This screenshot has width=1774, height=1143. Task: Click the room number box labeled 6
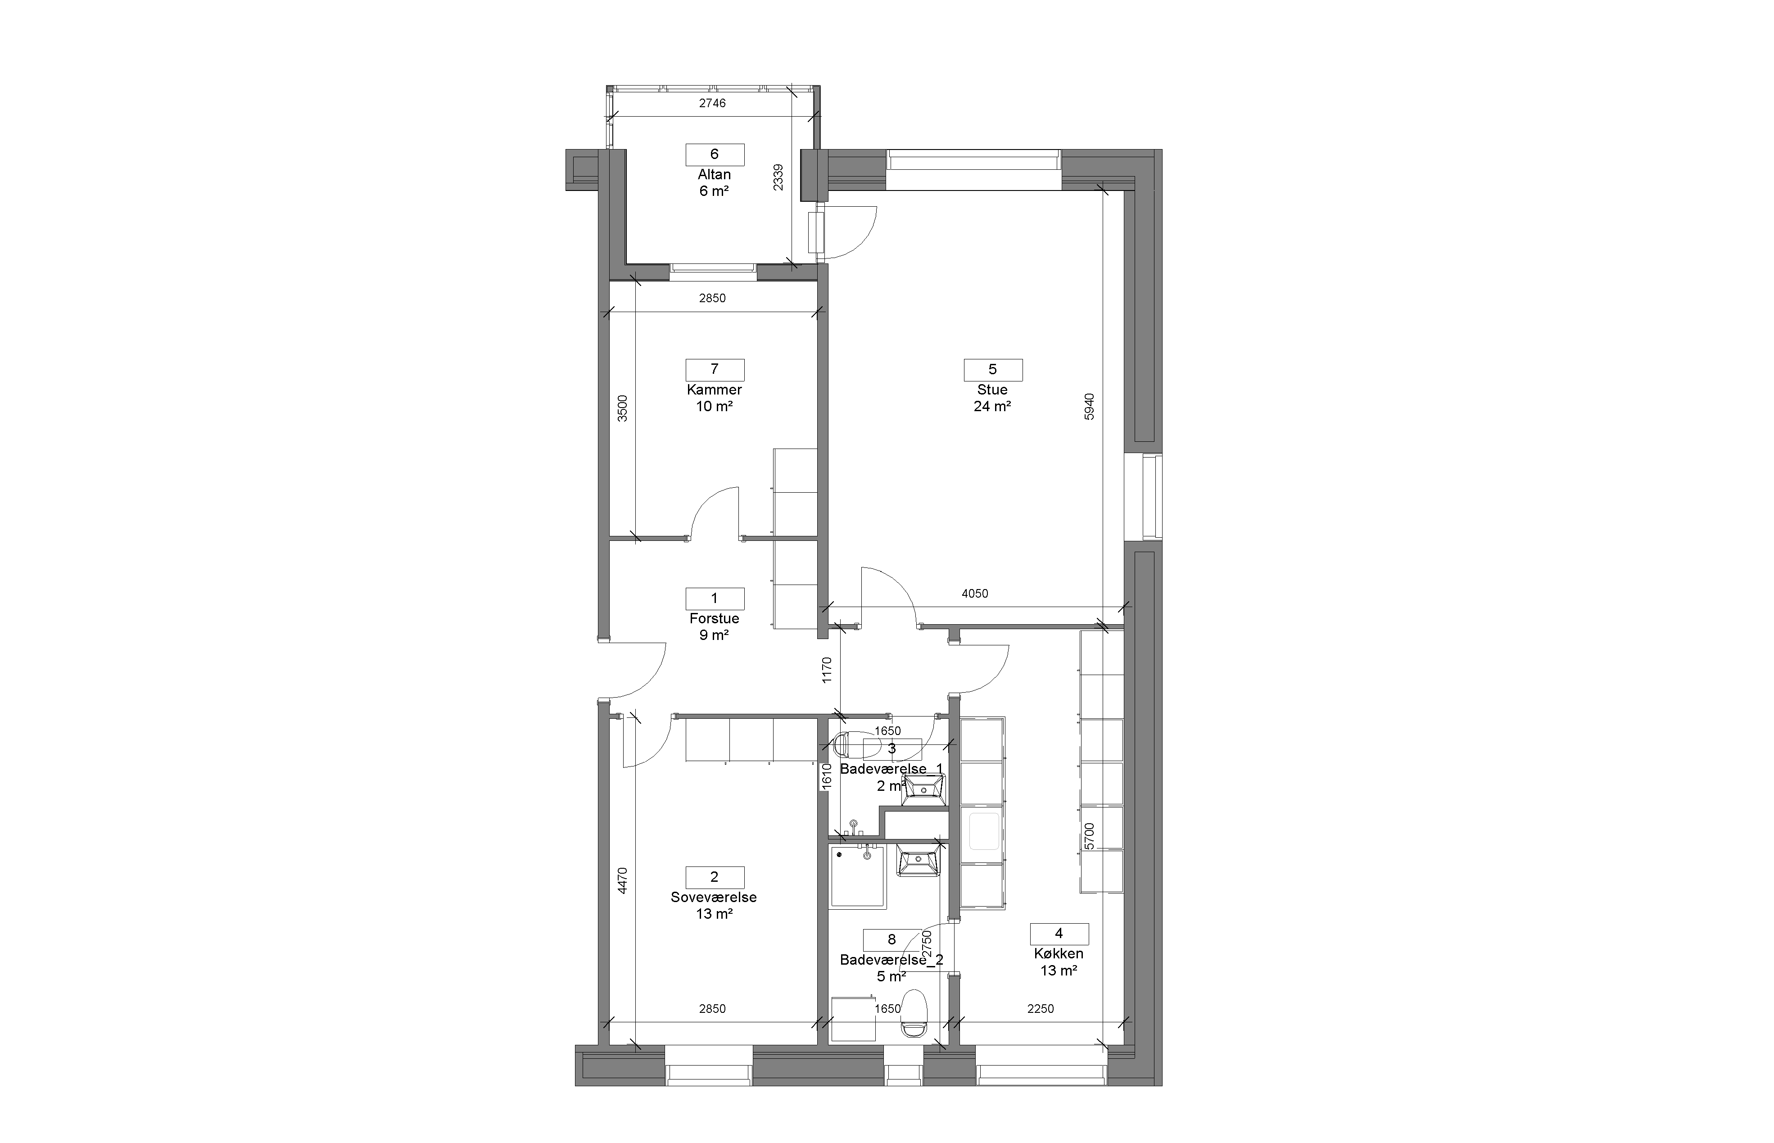click(x=715, y=154)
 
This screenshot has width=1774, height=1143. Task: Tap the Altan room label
click(x=715, y=174)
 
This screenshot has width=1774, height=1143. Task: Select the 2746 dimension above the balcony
click(x=712, y=103)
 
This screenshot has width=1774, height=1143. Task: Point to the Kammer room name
click(x=715, y=390)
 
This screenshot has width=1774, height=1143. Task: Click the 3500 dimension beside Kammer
click(x=623, y=408)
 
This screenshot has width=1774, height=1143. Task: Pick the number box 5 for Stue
click(x=993, y=370)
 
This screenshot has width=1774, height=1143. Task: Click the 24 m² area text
click(x=993, y=406)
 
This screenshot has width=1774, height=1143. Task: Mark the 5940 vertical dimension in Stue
click(x=1089, y=407)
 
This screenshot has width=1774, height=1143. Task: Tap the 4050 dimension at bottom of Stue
click(x=975, y=594)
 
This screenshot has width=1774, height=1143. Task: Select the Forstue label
click(x=715, y=618)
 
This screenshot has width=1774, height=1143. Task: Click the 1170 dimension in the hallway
click(x=827, y=670)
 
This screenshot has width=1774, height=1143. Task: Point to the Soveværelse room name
click(x=714, y=897)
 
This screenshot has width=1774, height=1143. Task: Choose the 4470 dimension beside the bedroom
click(x=623, y=881)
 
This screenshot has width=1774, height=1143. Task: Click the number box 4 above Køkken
click(x=1059, y=934)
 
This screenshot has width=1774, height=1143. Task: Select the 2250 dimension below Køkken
click(x=1040, y=1009)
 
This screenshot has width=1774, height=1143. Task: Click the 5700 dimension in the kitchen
click(x=1089, y=836)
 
